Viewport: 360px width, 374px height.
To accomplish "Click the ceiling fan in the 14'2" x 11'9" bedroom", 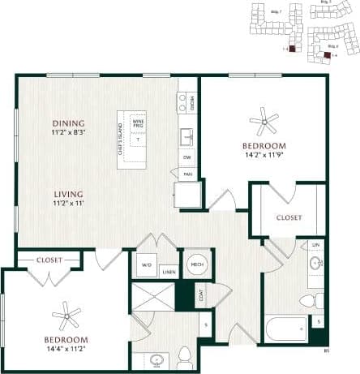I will click(264, 123).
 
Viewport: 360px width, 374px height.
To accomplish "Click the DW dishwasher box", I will click(187, 157).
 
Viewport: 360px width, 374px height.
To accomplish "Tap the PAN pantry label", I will click(187, 174).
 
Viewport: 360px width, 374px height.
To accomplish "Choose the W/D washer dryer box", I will click(147, 264).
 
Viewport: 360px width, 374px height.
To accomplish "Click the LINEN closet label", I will click(169, 273).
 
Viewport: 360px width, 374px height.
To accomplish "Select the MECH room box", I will click(197, 264).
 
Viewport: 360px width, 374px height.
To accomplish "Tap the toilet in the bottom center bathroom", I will click(185, 355).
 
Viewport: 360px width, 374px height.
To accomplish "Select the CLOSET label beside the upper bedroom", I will click(289, 217).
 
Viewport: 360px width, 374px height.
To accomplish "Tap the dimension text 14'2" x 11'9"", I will click(264, 156).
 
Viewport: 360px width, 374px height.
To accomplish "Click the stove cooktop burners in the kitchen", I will click(182, 101).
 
